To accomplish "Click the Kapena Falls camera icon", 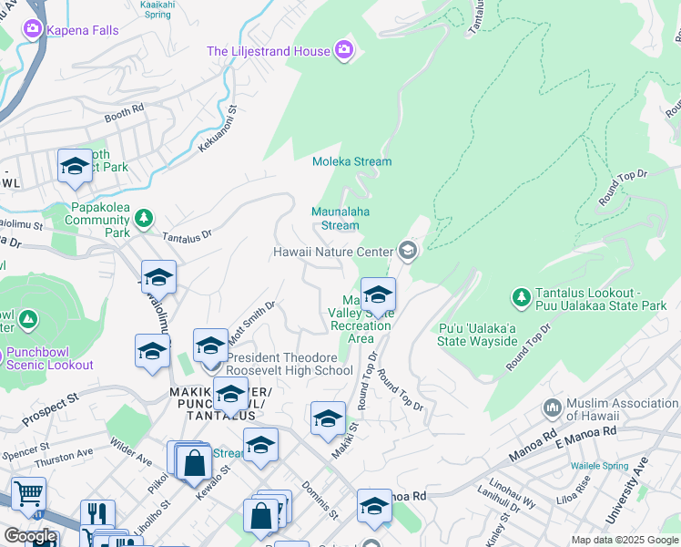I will point(33,29).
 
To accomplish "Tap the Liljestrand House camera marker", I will point(344,49).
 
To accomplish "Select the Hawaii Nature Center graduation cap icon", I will point(407,251).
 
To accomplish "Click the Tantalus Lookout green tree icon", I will point(521,297).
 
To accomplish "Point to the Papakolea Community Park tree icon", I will point(143,219).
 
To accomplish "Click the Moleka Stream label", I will point(351,161).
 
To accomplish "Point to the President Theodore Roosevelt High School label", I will point(289,364).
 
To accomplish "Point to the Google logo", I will point(30,536).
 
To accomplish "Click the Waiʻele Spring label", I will point(601,466).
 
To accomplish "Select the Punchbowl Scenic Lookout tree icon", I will point(28,320).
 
